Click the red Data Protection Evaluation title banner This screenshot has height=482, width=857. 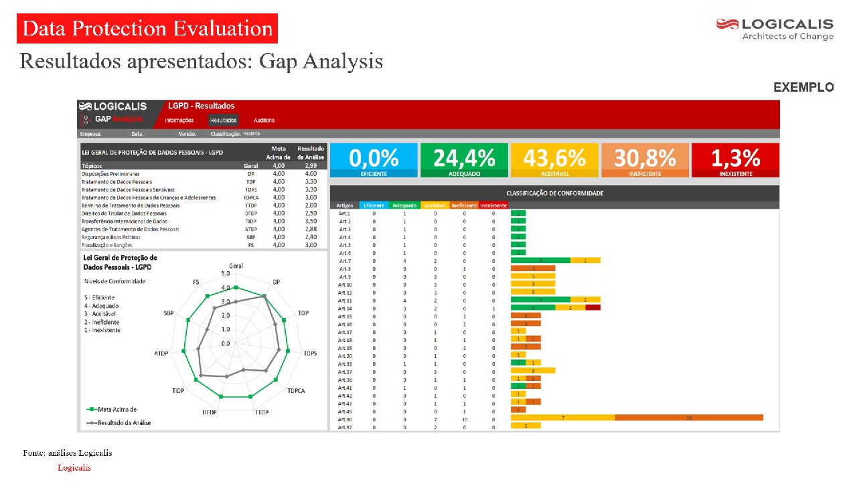click(147, 29)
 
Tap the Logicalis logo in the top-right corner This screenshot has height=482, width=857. click(775, 29)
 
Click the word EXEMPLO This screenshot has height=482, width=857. click(803, 88)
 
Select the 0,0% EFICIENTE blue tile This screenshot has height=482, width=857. click(373, 160)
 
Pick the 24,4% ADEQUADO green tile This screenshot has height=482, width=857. click(464, 160)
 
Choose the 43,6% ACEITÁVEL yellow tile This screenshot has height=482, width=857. click(554, 160)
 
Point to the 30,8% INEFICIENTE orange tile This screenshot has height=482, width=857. click(645, 160)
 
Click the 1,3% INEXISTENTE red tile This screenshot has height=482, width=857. click(735, 160)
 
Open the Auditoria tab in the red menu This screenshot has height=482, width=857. click(264, 120)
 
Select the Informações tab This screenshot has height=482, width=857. click(179, 120)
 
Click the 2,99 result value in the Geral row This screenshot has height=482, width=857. click(311, 165)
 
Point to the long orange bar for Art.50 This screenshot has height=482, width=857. click(689, 418)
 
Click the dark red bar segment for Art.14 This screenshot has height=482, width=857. click(593, 307)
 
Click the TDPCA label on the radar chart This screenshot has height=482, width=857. click(296, 390)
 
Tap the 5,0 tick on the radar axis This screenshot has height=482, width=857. click(226, 274)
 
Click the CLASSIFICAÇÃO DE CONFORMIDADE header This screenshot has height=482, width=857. click(554, 193)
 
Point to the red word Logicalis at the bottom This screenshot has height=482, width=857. click(74, 468)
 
